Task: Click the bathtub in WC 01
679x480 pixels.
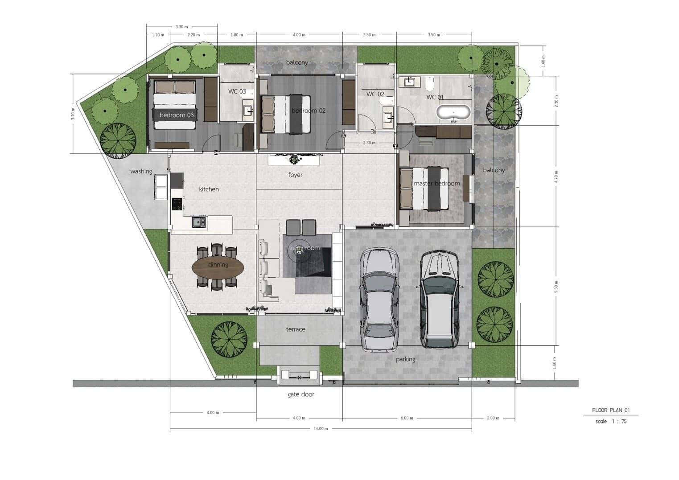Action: (453, 112)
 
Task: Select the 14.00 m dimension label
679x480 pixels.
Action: (321, 429)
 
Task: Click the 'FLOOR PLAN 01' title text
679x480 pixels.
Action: (610, 410)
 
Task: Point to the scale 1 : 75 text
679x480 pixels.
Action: (611, 421)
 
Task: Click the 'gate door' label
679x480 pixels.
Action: (300, 394)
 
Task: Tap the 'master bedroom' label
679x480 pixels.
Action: (436, 184)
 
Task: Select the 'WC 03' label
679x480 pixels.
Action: (237, 91)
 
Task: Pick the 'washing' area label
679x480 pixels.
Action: (141, 171)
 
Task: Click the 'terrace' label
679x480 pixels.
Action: (296, 329)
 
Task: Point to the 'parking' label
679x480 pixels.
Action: (405, 359)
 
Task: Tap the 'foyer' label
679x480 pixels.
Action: (295, 175)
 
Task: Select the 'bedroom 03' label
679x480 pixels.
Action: (177, 115)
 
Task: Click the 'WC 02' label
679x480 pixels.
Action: (375, 94)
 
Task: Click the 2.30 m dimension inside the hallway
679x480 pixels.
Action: (369, 143)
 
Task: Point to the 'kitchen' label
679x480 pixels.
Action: (209, 189)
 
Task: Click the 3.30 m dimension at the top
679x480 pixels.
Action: (181, 27)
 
